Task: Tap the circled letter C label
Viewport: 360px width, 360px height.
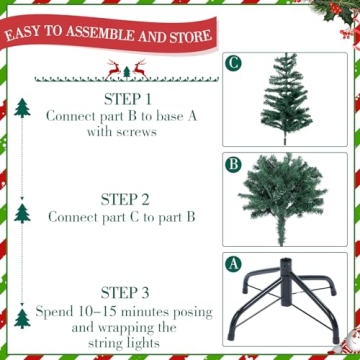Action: point(234,64)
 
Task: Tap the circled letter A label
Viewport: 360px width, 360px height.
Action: point(234,266)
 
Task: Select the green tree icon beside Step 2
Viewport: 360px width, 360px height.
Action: point(22,212)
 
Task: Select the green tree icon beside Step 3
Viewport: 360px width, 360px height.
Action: point(22,317)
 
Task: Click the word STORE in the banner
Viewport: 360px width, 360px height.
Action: point(187,38)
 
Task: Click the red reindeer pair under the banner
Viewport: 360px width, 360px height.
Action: point(126,69)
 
